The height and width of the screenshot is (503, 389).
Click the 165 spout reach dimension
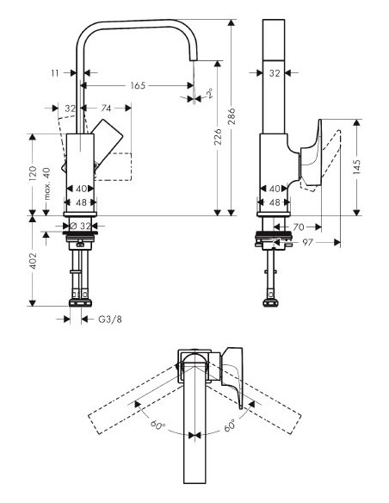point(137,85)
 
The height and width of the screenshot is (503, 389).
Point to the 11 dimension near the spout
point(56,74)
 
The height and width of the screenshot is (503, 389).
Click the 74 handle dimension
point(106,109)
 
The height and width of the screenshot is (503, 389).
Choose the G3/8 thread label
point(105,320)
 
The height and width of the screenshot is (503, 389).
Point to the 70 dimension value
point(299,227)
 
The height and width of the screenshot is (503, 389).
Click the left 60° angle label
point(158,425)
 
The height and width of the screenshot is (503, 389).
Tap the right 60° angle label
point(230,425)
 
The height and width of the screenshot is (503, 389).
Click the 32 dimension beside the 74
point(71,109)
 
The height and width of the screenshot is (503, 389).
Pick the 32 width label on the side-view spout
point(274,74)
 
